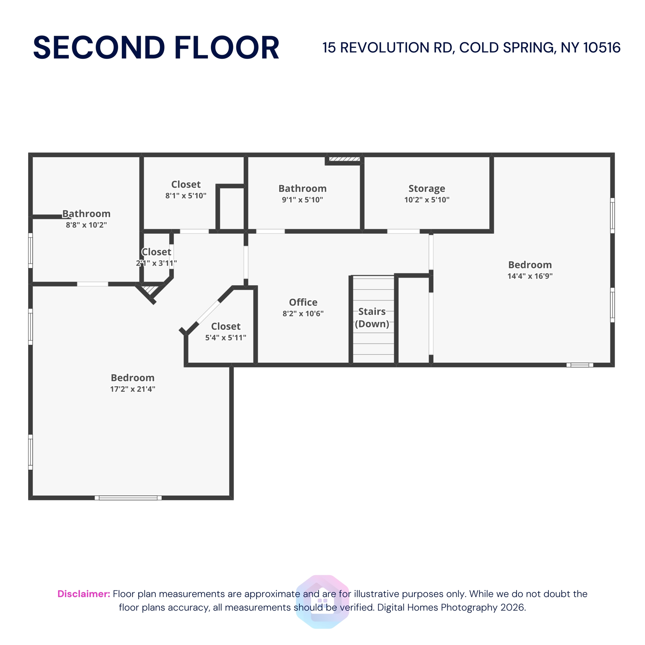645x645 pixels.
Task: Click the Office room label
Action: tap(303, 302)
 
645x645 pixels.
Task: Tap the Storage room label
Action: tap(427, 189)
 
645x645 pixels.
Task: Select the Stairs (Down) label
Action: tap(372, 317)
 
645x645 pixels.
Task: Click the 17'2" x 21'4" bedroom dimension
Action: tap(133, 389)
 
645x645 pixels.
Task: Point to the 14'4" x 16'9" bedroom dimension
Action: tap(530, 276)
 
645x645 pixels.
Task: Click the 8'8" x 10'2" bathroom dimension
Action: tap(87, 225)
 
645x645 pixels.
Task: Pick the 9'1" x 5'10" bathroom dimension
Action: tap(302, 200)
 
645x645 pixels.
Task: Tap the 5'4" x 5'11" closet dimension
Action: tap(225, 338)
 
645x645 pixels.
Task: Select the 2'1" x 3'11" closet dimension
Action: tap(156, 263)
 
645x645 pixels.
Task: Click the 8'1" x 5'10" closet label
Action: tap(186, 184)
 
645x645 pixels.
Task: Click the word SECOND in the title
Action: tap(99, 48)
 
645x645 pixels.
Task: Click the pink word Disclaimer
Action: tap(84, 594)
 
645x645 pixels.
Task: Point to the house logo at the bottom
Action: tap(322, 601)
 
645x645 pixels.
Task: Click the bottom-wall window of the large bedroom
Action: tap(128, 498)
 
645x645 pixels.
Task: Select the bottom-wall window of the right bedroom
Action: tap(579, 365)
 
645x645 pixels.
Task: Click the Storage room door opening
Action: tap(403, 231)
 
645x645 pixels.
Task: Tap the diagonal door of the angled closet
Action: tap(209, 312)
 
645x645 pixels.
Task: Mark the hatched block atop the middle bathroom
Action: tap(344, 159)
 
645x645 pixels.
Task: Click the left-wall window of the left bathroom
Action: tap(31, 251)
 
